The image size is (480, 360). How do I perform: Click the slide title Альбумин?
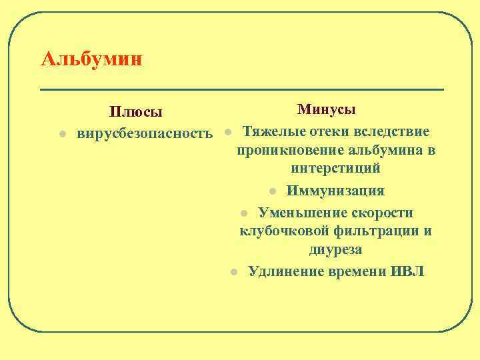click(91, 59)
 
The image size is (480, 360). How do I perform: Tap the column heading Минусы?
click(326, 109)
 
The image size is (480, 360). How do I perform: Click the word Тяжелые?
click(271, 130)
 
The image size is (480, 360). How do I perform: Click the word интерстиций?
click(335, 169)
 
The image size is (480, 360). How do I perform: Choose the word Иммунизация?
click(335, 190)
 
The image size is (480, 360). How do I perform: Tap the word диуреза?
click(335, 251)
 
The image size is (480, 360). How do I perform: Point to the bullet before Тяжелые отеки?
click(228, 131)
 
